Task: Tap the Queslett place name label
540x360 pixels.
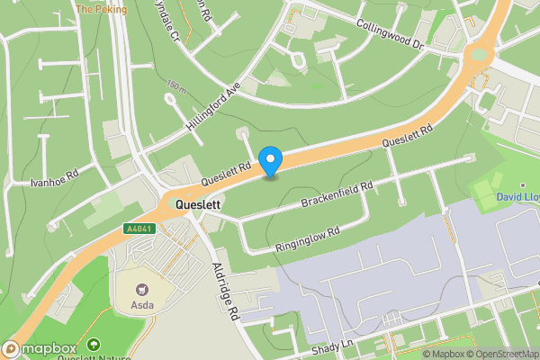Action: (x=199, y=204)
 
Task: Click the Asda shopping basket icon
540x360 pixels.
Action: (x=141, y=290)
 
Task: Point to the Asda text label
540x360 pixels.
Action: (x=142, y=305)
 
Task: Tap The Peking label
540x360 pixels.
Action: (x=101, y=9)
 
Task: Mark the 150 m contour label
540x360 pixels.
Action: (x=176, y=86)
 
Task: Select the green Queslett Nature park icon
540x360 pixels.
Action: (x=94, y=345)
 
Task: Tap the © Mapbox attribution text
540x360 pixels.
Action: (x=443, y=354)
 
